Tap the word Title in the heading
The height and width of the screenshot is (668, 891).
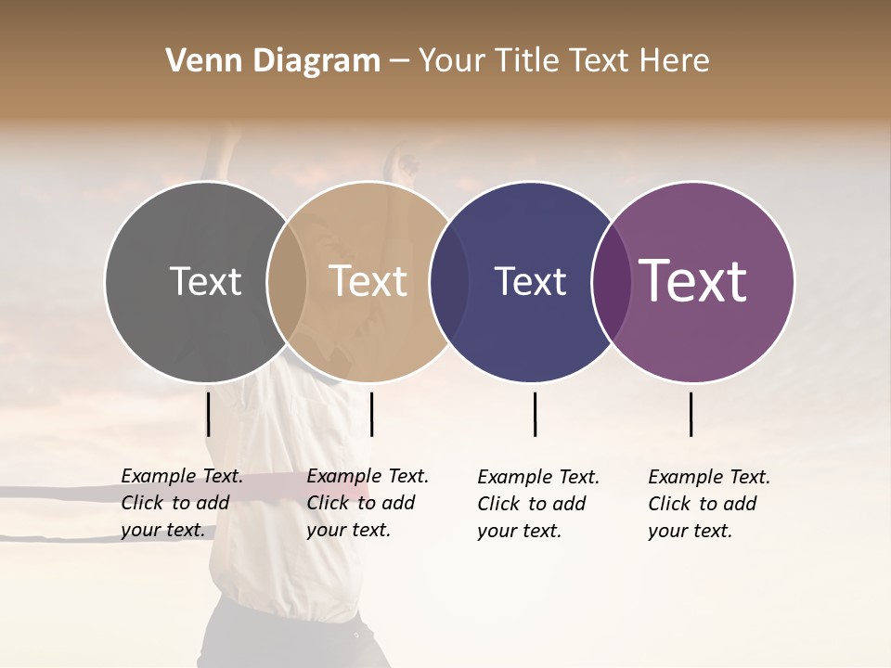525,61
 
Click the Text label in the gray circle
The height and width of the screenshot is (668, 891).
205,281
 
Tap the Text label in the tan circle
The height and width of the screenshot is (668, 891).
368,281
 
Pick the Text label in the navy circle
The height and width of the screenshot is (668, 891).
530,281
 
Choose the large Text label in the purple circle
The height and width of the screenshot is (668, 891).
693,281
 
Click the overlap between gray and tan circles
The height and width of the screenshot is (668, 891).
287,282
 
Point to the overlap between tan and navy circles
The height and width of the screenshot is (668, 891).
449,282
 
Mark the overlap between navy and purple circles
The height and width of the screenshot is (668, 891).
612,282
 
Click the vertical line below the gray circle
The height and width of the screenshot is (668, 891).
209,414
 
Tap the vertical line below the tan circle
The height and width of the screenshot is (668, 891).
371,414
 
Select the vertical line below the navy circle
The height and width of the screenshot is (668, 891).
535,414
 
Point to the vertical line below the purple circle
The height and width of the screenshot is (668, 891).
691,414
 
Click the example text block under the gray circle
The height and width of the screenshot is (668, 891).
182,503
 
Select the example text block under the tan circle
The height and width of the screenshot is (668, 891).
368,503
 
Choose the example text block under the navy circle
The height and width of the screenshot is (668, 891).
538,504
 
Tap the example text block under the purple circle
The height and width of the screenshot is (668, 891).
709,504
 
